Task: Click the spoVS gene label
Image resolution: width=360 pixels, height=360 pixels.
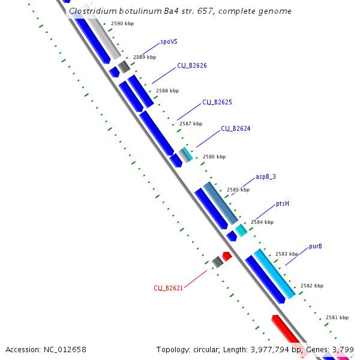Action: pos(169,43)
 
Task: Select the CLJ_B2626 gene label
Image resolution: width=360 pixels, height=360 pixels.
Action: pos(191,65)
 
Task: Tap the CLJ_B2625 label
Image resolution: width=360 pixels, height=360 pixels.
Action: pos(217,102)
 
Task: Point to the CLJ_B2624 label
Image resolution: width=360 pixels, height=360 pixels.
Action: pos(235,128)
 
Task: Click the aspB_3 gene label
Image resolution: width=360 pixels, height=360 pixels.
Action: pos(265,176)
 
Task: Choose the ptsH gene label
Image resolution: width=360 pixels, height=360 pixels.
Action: pos(283,203)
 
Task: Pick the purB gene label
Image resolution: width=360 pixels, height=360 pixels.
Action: pos(316,246)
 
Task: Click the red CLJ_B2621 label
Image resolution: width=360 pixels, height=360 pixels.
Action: pos(168,288)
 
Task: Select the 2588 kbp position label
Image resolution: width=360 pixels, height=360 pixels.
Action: pos(167,91)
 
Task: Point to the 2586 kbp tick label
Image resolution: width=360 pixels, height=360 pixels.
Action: pos(214,157)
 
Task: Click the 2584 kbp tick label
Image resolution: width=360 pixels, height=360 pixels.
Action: pos(262,222)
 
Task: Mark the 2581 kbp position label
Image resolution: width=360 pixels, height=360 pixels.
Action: pos(337,317)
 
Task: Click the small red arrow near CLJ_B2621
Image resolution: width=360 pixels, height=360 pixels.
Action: pos(227,256)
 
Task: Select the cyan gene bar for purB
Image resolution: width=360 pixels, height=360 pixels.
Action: pos(274,274)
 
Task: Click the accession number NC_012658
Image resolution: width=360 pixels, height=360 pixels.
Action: pos(65,349)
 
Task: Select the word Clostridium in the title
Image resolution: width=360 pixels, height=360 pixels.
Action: pos(92,11)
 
